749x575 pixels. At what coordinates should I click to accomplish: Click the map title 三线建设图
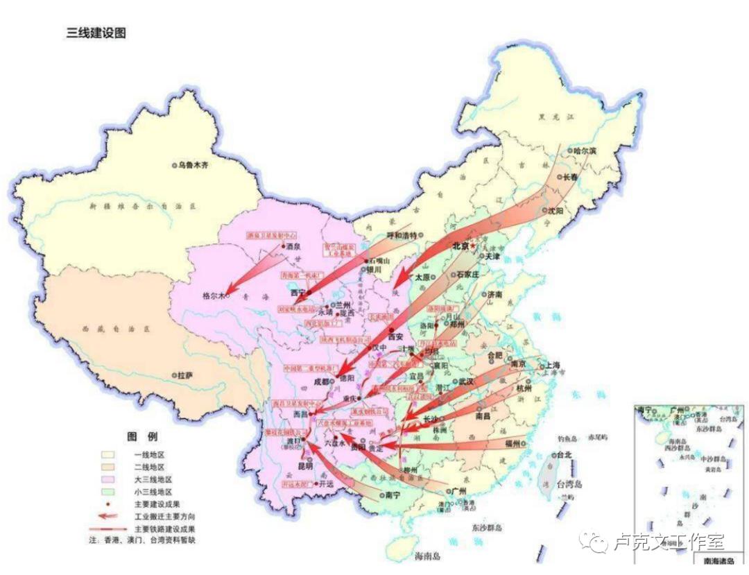[x=96, y=33]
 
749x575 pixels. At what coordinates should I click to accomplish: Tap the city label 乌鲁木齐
[x=193, y=165]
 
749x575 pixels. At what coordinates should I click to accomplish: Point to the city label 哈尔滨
[x=585, y=151]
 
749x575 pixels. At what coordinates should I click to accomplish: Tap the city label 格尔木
[x=214, y=295]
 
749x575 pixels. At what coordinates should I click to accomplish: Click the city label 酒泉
[x=294, y=246]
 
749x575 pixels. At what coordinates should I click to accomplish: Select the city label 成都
[x=324, y=381]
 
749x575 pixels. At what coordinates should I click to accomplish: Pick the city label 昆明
[x=307, y=465]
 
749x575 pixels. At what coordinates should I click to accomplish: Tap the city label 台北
[x=563, y=455]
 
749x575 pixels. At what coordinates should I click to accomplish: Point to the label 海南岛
[x=427, y=556]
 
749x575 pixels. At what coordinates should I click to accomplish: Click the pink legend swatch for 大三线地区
[x=107, y=479]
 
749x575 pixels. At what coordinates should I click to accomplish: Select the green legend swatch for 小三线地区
[x=107, y=492]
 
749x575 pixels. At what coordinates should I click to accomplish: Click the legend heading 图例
[x=141, y=437]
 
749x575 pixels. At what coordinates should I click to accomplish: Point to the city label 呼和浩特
[x=403, y=235]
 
